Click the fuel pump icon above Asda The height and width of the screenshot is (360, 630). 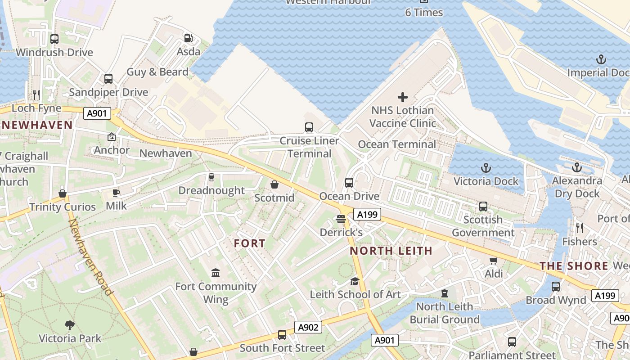[189, 38]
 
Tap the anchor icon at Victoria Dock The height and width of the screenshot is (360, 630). [486, 168]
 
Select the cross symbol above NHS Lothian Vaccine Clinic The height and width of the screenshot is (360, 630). [403, 97]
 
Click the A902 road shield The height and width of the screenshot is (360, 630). [308, 327]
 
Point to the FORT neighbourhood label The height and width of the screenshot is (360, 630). [250, 243]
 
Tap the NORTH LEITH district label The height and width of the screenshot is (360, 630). [391, 251]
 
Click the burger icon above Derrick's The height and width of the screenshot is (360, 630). [341, 219]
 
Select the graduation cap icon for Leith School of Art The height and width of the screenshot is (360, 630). [355, 281]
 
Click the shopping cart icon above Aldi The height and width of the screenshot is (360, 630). [494, 261]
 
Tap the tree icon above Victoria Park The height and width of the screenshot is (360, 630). [70, 324]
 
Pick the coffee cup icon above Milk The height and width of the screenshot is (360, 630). [116, 193]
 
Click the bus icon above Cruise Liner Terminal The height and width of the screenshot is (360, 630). [309, 127]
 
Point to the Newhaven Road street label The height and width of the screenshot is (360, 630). [90, 257]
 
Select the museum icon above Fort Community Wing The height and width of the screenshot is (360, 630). [216, 273]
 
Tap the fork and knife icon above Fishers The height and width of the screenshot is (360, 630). [580, 228]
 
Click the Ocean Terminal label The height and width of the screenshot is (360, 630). [397, 144]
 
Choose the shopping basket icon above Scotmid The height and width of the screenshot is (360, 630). [274, 184]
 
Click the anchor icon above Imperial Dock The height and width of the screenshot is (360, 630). [601, 59]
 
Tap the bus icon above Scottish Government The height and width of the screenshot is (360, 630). [483, 207]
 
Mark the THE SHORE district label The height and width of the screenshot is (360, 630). [574, 266]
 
